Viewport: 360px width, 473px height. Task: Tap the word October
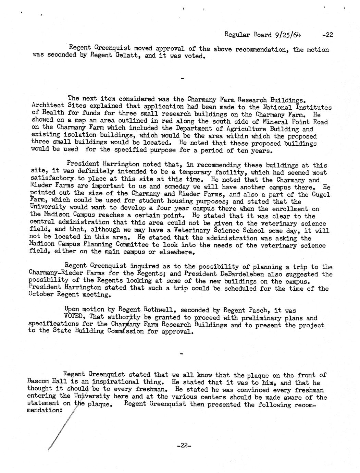tap(41, 294)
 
